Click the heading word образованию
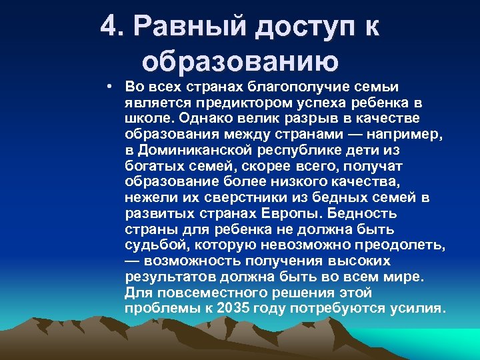[x=240, y=61]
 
